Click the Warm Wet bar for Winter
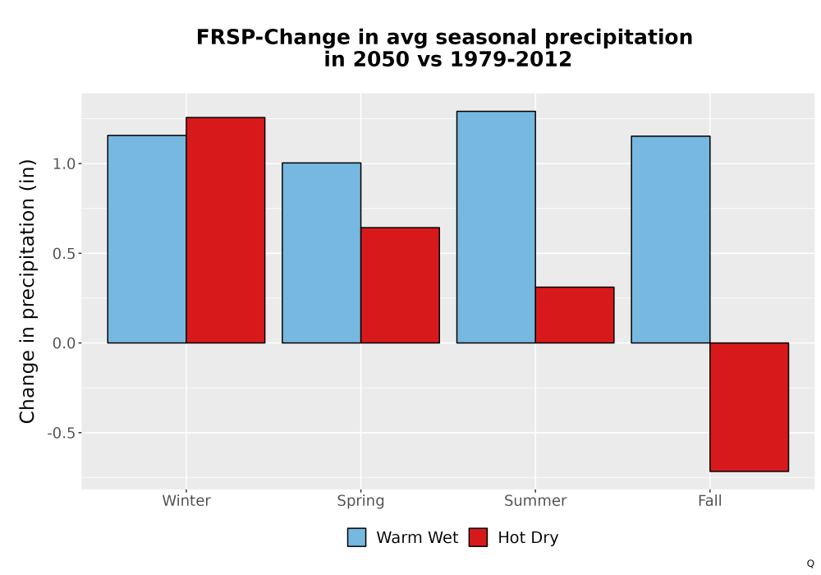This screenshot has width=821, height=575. pos(147,239)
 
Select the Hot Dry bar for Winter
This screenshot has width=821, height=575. pos(226,231)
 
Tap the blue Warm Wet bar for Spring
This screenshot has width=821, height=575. pos(322,253)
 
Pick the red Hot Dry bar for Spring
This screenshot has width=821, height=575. pos(400,285)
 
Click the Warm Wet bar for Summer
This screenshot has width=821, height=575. pos(496,228)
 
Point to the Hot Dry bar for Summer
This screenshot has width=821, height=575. pos(575,315)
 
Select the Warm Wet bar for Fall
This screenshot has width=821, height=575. pos(671,240)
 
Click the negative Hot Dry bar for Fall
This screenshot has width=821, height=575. pos(750,407)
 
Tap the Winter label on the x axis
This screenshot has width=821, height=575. pos(186,500)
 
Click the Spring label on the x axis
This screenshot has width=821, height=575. pos(360,501)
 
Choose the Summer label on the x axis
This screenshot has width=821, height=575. pos(535,500)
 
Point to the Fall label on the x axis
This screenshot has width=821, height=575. pos(710,500)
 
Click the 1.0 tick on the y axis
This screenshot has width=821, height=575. pos(64,164)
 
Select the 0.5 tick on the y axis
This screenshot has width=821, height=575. pos(64,254)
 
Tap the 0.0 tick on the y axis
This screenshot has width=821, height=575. pos(64,343)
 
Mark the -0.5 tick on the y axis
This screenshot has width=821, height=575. pos(62,433)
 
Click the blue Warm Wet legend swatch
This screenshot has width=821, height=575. pos(356,537)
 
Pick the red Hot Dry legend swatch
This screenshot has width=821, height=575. pos(478,537)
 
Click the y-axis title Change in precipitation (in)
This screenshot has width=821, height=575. pos(27,291)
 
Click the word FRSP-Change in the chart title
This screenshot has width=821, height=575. pos(273,38)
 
